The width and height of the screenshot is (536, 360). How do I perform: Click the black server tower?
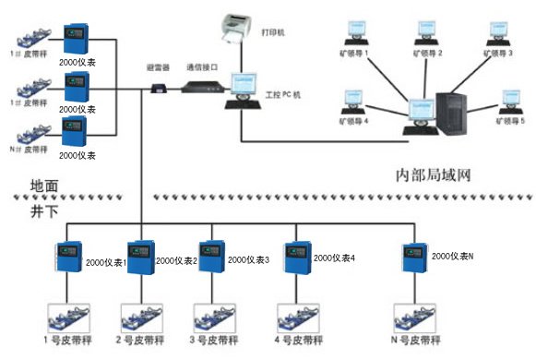[458, 112]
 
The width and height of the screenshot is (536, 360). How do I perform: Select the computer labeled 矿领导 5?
[509, 101]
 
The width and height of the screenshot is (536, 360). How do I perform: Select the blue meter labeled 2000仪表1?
[138, 261]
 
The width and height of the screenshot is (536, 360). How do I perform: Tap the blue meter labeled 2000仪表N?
[413, 260]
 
